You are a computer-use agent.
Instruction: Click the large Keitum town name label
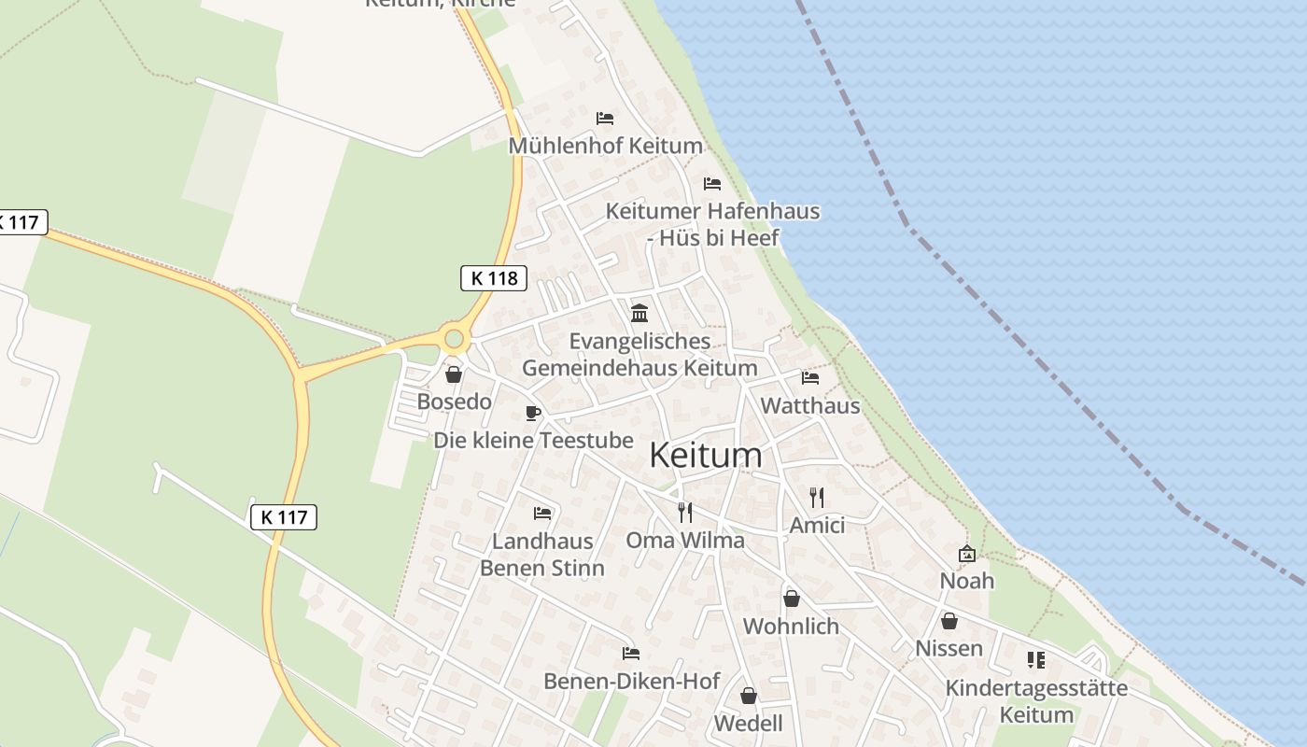705,456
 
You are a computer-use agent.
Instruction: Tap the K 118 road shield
494,277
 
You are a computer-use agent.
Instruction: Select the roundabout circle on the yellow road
455,338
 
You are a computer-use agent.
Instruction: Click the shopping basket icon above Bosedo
454,374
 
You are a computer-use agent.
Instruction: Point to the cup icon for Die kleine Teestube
532,413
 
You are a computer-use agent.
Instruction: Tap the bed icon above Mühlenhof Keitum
605,119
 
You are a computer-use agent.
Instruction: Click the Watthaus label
810,406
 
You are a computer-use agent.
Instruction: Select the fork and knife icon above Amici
817,497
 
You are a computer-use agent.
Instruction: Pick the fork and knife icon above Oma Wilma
684,512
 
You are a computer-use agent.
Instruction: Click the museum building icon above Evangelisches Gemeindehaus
639,312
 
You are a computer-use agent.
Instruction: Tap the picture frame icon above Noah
967,554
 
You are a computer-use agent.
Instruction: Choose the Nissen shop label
949,648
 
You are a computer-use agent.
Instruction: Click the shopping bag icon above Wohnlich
791,598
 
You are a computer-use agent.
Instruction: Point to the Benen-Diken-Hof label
631,682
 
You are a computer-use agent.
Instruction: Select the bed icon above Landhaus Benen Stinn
541,513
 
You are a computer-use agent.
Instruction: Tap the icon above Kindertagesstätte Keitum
1035,660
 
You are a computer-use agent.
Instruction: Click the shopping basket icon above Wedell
748,696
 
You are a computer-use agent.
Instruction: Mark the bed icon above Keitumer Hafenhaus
712,183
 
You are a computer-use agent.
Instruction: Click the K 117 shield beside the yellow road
284,516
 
